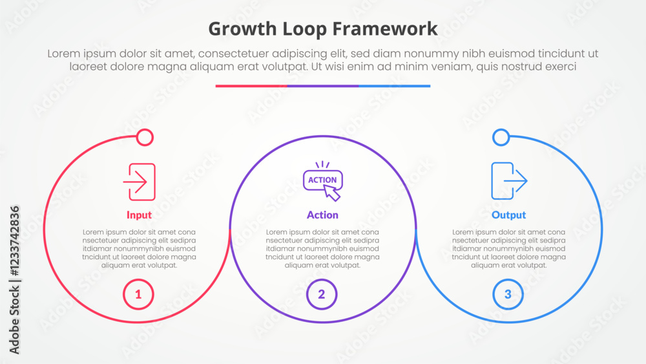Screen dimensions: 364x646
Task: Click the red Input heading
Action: pyautogui.click(x=139, y=215)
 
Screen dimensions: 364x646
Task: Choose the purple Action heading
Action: pyautogui.click(x=322, y=215)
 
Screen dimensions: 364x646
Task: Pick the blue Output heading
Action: pyautogui.click(x=508, y=215)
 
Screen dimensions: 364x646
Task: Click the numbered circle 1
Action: pyautogui.click(x=138, y=295)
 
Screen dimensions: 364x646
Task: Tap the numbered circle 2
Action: pyautogui.click(x=322, y=295)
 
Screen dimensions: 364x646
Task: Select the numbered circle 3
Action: pyautogui.click(x=508, y=295)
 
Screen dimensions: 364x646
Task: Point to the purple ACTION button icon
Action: pyautogui.click(x=322, y=180)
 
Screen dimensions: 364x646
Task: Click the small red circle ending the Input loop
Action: pyautogui.click(x=145, y=137)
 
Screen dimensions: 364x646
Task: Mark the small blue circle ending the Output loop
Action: pyautogui.click(x=501, y=137)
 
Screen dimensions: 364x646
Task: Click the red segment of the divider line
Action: pyautogui.click(x=251, y=86)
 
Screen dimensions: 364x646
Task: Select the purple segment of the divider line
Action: pyautogui.click(x=322, y=86)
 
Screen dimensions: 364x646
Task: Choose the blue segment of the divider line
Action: pyautogui.click(x=394, y=86)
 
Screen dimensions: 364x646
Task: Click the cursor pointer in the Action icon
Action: pyautogui.click(x=332, y=192)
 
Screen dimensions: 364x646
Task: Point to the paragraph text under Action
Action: pyautogui.click(x=322, y=248)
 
